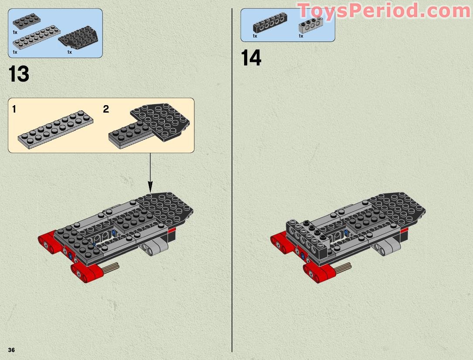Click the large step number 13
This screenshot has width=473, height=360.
(x=19, y=74)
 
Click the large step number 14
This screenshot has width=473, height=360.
(x=251, y=58)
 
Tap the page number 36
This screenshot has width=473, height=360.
(x=11, y=350)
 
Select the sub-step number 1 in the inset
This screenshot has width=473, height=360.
(x=14, y=109)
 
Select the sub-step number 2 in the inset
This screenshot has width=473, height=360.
(x=106, y=109)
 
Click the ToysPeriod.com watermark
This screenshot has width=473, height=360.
(x=384, y=10)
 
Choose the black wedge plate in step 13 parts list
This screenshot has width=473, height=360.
(x=78, y=39)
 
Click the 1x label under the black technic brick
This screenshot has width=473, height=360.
(x=255, y=36)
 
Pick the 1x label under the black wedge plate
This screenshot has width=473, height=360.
(x=69, y=52)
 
